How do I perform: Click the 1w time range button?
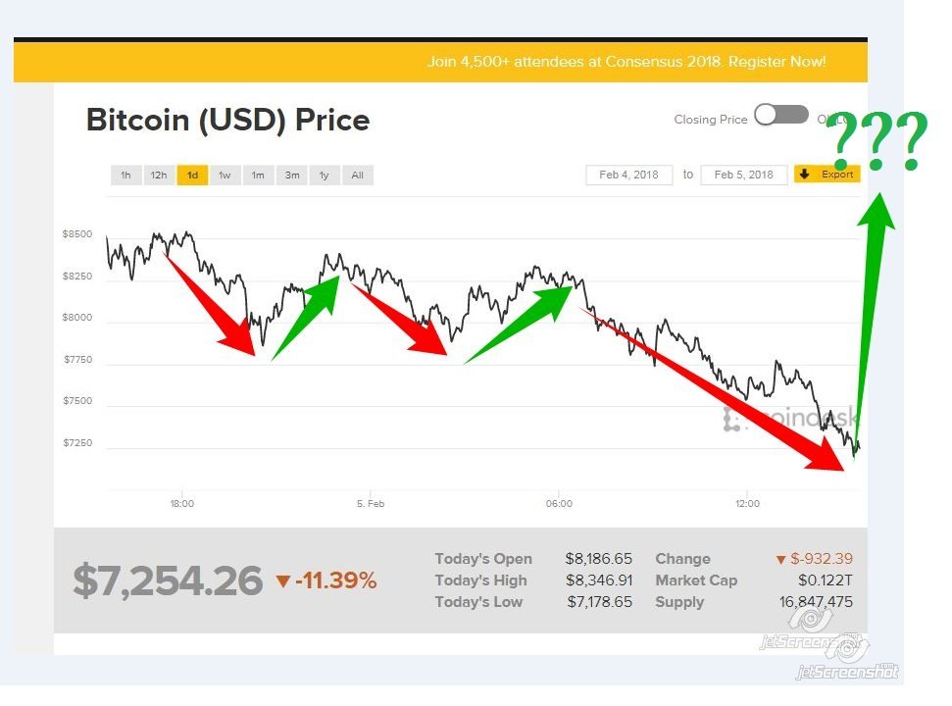point(225,176)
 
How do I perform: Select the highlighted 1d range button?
point(192,176)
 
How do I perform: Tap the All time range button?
point(357,176)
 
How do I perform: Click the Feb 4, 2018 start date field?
point(629,175)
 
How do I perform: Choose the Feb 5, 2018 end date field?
point(744,175)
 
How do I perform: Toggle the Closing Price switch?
point(780,116)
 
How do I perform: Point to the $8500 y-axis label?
point(78,234)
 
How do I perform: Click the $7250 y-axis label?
point(78,443)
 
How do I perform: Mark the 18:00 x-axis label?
point(181,504)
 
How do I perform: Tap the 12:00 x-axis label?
point(747,504)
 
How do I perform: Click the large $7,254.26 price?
point(168,580)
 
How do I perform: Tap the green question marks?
point(877,143)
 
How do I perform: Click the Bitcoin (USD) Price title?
point(227,121)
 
